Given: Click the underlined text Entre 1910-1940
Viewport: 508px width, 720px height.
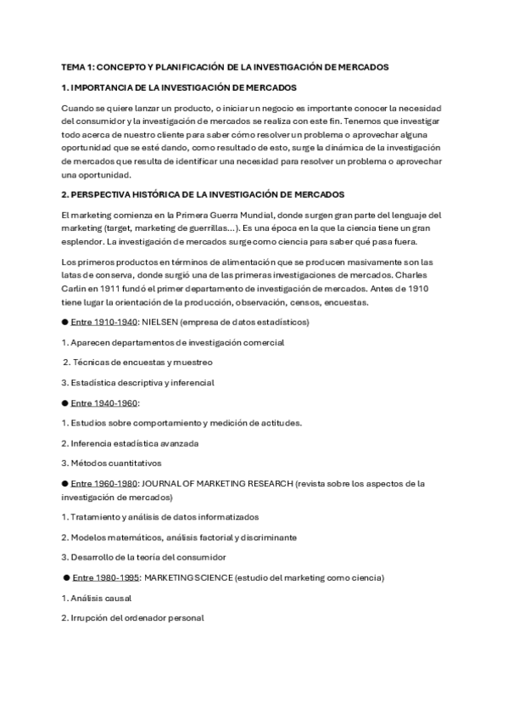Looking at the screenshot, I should coord(104,323).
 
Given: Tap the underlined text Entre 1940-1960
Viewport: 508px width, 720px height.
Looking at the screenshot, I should coord(104,402).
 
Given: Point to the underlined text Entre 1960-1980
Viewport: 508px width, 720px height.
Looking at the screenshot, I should coord(104,483).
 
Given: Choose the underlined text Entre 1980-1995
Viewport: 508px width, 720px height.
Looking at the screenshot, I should coord(107,577).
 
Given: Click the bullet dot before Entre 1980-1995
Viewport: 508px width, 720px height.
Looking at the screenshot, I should coord(66,577).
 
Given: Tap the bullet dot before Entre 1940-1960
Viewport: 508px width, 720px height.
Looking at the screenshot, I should coord(64,402).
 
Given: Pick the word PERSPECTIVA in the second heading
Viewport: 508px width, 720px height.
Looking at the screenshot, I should coord(107,195).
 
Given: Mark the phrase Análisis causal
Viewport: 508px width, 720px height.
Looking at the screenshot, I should coord(96,598).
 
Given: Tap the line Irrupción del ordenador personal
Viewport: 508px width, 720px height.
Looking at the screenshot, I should coord(133,617).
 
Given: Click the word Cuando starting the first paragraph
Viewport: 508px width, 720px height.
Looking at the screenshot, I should coord(79,108).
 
